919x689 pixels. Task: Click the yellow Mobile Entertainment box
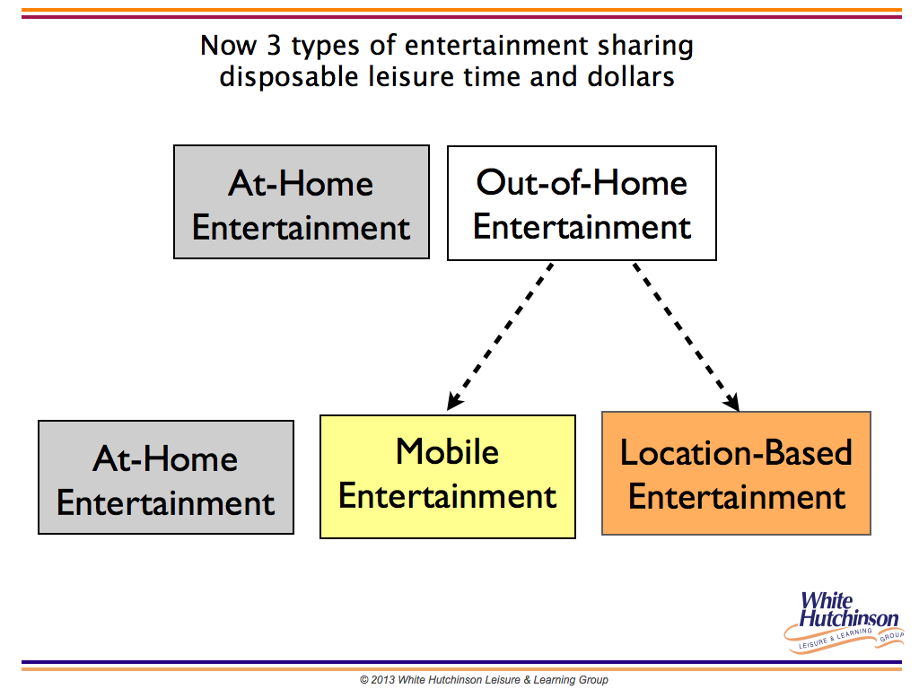pos(448,476)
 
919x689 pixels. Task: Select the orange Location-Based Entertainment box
pos(736,473)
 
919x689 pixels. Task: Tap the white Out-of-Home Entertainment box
pos(582,203)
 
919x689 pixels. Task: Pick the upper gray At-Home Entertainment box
pos(302,202)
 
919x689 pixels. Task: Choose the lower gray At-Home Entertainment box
pos(166,477)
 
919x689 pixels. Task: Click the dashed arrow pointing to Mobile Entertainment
pos(500,336)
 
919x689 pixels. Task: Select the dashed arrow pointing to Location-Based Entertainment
pos(686,337)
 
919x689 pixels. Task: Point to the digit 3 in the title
pos(275,45)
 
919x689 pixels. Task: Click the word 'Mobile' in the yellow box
pos(447,452)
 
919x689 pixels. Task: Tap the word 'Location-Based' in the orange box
pos(736,452)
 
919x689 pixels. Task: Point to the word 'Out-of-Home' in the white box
pos(582,182)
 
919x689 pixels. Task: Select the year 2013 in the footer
pos(382,680)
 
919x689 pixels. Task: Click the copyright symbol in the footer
pos(364,680)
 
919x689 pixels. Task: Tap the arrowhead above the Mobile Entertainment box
pos(455,401)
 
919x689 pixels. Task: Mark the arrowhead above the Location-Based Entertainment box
pos(731,401)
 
